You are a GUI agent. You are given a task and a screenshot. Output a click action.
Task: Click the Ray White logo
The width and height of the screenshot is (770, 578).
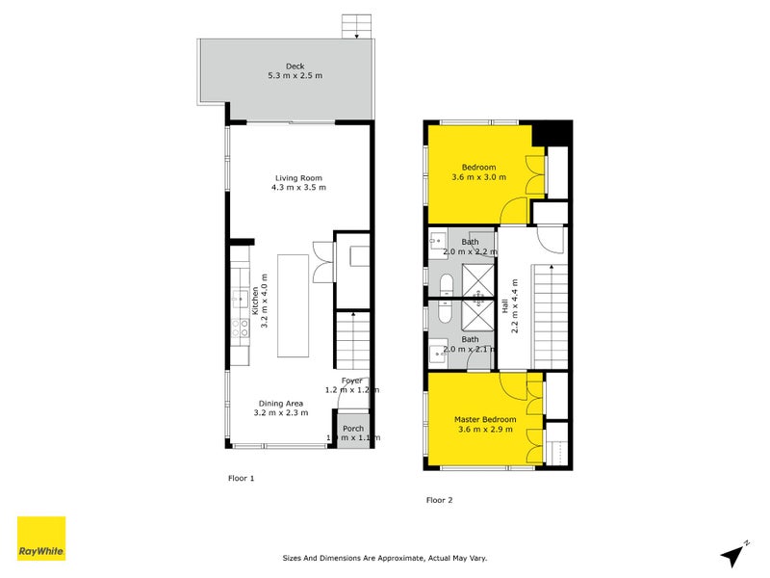pos(41,539)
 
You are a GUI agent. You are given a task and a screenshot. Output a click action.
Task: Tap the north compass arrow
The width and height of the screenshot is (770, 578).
pos(733,554)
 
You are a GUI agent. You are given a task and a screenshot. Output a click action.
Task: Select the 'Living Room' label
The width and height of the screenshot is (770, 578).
pos(298,177)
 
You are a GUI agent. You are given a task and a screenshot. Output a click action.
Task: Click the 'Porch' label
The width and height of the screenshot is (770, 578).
pos(353,429)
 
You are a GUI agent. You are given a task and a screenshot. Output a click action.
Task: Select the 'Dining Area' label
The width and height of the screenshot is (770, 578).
pos(280,403)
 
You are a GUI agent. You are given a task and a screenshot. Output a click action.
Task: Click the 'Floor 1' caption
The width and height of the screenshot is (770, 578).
pos(240,478)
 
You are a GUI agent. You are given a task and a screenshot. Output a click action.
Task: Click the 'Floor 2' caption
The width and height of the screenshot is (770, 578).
pos(439,500)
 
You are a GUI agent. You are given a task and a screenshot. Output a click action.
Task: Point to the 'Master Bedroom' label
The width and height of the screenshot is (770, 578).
pos(485,420)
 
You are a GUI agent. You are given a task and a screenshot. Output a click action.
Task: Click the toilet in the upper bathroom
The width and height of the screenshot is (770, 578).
pos(446,284)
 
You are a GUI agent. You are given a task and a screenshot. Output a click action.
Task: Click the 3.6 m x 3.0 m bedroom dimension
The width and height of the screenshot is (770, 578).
pos(478,177)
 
